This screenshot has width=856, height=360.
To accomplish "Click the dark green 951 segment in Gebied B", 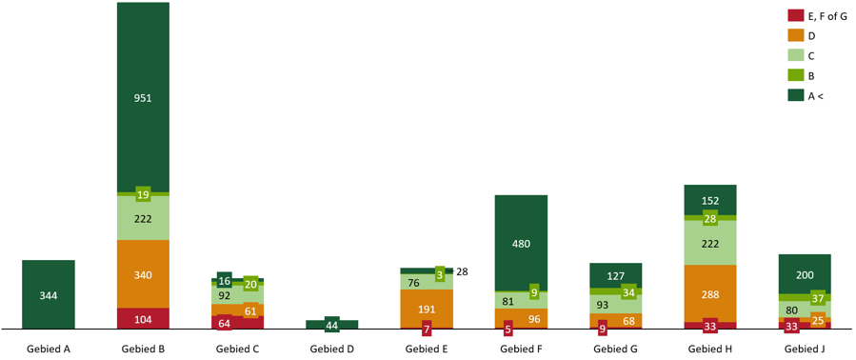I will (143, 97).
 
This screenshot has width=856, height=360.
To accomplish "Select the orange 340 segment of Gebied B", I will (143, 274).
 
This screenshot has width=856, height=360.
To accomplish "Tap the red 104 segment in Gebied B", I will (143, 319).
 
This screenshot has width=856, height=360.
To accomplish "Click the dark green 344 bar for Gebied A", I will (49, 295).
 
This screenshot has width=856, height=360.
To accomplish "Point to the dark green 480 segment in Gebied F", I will (521, 243).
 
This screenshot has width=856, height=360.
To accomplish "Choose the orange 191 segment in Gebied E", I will (427, 309).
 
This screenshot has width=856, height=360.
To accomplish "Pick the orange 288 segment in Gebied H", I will (710, 293).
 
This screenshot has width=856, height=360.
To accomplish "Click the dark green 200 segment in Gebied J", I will (805, 273).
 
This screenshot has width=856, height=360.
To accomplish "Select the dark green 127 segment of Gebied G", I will (615, 275).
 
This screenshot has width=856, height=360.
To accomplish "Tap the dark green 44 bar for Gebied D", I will (331, 325).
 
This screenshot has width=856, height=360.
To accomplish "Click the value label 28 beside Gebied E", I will (462, 272).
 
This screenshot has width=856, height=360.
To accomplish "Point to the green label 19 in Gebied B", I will (143, 194).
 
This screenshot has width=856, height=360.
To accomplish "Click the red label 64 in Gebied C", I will (225, 323).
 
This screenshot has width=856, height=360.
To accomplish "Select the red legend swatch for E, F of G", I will (795, 15).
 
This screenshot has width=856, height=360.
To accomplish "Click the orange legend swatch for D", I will (795, 35).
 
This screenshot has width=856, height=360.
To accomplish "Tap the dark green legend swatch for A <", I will (795, 95).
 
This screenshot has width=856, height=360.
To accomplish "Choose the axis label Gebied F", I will (521, 350).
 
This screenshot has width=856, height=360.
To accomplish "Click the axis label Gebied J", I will (805, 350).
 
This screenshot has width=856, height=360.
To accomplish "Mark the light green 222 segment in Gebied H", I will (710, 244).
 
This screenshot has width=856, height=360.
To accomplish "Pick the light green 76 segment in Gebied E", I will (414, 282).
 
